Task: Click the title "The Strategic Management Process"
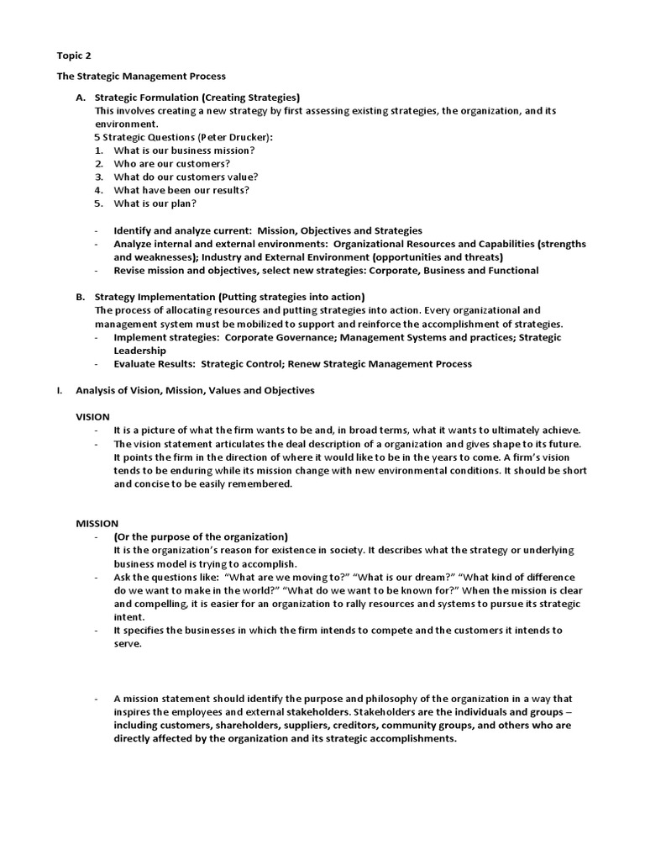pyautogui.click(x=141, y=77)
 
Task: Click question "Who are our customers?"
pyautogui.click(x=171, y=164)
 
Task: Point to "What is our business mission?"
pyautogui.click(x=184, y=151)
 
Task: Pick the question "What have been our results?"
pyautogui.click(x=181, y=190)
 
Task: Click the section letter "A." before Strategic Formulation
pyautogui.click(x=81, y=98)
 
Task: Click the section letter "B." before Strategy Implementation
pyautogui.click(x=81, y=297)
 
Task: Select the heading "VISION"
pyautogui.click(x=92, y=417)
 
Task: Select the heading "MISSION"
pyautogui.click(x=97, y=523)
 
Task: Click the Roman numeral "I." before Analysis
pyautogui.click(x=59, y=390)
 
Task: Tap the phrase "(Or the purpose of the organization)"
pyautogui.click(x=201, y=536)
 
